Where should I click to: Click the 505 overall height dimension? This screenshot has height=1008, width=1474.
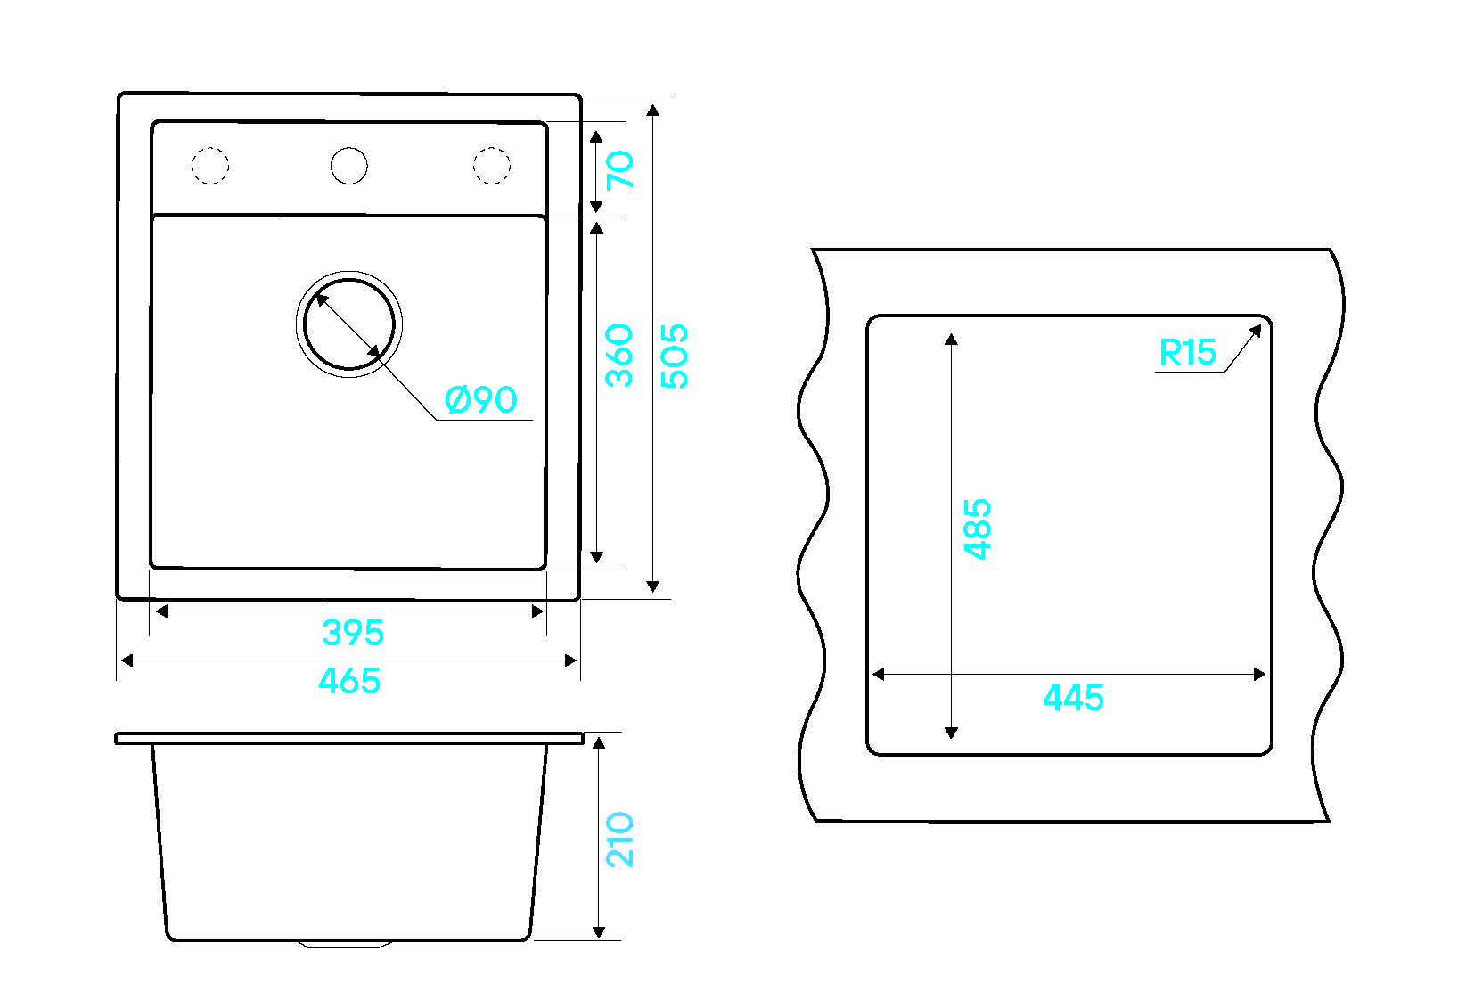pos(674,356)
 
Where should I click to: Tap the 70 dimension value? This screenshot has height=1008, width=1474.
pos(620,169)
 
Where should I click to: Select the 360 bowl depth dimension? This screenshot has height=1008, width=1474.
pos(619,356)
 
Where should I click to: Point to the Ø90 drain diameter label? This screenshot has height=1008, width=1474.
pos(481,400)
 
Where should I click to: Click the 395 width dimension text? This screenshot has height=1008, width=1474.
pos(354,633)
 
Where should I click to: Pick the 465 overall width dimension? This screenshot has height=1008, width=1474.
pos(349,681)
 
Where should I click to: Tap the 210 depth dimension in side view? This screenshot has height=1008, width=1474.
pos(620,840)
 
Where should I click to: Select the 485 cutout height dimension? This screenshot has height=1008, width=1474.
pos(978,529)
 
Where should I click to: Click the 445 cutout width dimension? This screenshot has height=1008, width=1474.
pos(1074,698)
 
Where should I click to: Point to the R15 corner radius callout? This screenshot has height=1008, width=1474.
pos(1188,352)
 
